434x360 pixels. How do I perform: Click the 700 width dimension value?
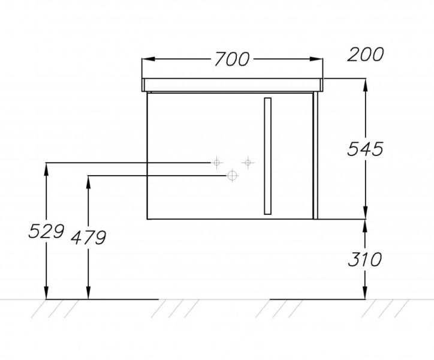click(232, 59)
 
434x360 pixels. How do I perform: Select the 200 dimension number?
click(365, 55)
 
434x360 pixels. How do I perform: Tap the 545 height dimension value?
click(365, 149)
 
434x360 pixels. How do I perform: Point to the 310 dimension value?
click(365, 259)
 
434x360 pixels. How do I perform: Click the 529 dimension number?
click(46, 231)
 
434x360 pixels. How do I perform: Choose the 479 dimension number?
click(88, 238)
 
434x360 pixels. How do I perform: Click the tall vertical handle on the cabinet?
click(267, 156)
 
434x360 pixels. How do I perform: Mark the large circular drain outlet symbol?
click(233, 175)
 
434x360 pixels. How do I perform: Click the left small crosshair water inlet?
click(217, 163)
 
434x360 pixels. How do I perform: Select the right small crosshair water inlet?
click(248, 163)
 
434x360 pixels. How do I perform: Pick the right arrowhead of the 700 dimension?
click(317, 59)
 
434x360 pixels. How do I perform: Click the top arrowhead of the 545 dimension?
click(365, 85)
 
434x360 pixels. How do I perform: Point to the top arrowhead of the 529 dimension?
click(46, 169)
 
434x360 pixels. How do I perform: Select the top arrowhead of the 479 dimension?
click(88, 182)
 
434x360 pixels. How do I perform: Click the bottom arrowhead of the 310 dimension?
click(365, 293)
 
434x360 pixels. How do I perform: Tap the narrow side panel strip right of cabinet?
click(315, 155)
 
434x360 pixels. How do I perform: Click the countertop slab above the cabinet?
click(232, 85)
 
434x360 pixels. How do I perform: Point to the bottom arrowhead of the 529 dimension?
click(46, 293)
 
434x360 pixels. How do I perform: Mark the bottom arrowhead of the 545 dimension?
click(365, 212)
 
